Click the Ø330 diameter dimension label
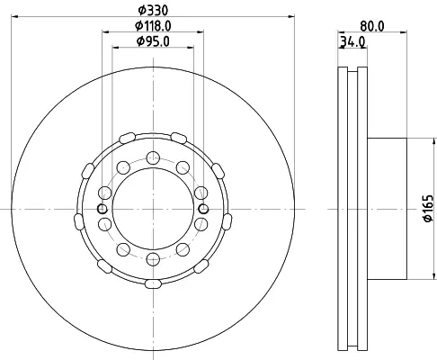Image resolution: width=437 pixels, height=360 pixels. tap(153, 11)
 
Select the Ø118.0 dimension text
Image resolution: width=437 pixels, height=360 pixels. tap(153, 26)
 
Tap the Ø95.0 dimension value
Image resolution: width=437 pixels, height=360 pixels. tap(153, 41)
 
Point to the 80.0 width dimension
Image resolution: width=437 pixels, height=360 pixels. tap(371, 26)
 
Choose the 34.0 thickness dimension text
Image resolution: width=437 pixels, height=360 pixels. tap(352, 41)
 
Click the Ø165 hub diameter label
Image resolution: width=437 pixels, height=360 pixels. tap(429, 209)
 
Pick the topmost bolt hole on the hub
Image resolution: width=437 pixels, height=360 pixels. tap(153, 157)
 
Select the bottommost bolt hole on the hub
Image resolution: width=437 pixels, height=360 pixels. tap(153, 259)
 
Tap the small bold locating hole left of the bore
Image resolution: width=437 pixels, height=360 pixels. tap(103, 209)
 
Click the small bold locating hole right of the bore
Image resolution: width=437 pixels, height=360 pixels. tap(204, 209)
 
